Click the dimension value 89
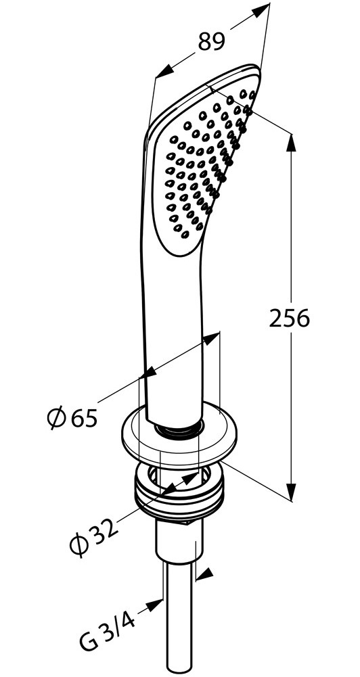pos(212,42)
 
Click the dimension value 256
pos(290,318)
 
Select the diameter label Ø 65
pos(72,417)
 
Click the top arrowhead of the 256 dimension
pos(291,143)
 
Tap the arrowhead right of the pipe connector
pos(205,574)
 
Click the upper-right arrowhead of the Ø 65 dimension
pos(212,338)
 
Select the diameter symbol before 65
pos(56,417)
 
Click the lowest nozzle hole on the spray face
pos(185,235)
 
